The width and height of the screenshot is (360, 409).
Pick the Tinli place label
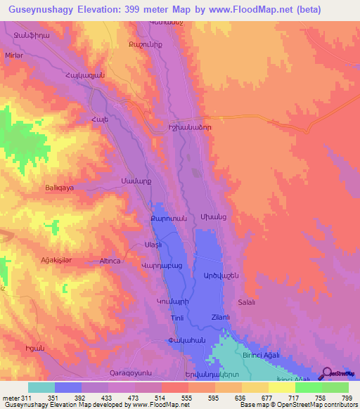(x=158, y=318)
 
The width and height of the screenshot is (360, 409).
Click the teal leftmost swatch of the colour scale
(x=41, y=387)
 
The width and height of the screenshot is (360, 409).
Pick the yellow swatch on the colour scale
(x=282, y=387)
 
